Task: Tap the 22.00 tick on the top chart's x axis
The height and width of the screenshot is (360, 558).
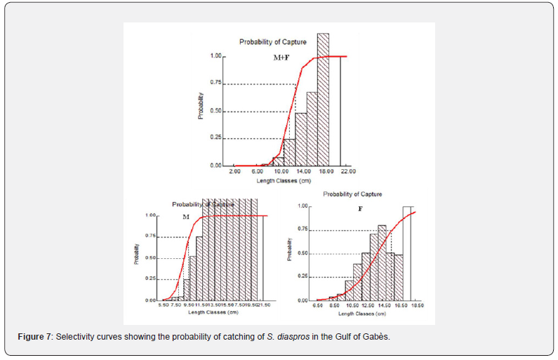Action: [347, 171]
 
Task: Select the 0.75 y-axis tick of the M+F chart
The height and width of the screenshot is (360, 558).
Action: [215, 83]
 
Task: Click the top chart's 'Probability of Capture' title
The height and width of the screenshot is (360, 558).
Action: [272, 42]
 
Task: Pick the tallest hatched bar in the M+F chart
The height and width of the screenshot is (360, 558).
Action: [323, 99]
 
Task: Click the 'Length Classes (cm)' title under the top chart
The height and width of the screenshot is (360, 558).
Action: [284, 181]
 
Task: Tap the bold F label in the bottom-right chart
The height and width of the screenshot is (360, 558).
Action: [360, 209]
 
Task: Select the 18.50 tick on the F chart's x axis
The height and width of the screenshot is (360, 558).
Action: [417, 306]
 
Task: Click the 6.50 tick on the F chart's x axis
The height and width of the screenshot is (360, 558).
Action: [318, 306]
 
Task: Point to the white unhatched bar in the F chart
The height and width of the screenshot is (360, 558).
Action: [407, 253]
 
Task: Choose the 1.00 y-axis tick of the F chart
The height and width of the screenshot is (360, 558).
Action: [303, 206]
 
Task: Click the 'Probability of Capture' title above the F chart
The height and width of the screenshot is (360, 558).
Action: [352, 194]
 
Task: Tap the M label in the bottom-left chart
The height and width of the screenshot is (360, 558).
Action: [186, 218]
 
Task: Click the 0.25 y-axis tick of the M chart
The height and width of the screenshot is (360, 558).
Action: [152, 279]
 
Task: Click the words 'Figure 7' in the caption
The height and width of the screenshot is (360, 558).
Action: [34, 338]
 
